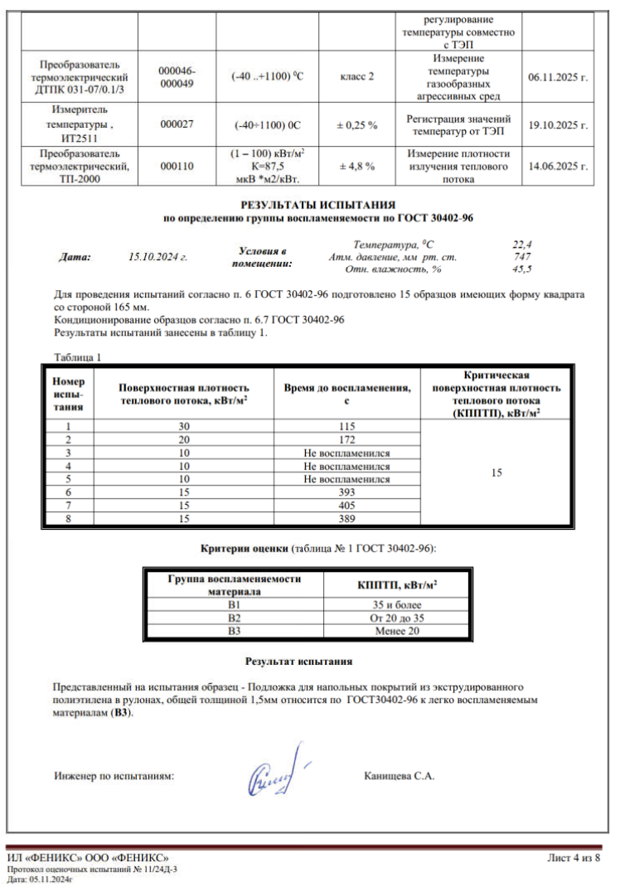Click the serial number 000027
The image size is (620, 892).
(x=176, y=125)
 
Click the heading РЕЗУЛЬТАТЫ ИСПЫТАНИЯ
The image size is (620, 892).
(x=317, y=204)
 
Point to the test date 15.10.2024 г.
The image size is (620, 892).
(x=158, y=257)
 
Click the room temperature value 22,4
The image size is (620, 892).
(x=521, y=245)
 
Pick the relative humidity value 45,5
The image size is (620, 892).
(x=522, y=269)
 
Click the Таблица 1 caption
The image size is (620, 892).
(x=77, y=357)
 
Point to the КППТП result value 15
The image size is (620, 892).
(x=496, y=473)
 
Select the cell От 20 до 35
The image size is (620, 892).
(x=398, y=618)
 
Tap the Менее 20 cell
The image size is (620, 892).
(x=398, y=631)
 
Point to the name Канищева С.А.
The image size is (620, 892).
(x=400, y=777)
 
